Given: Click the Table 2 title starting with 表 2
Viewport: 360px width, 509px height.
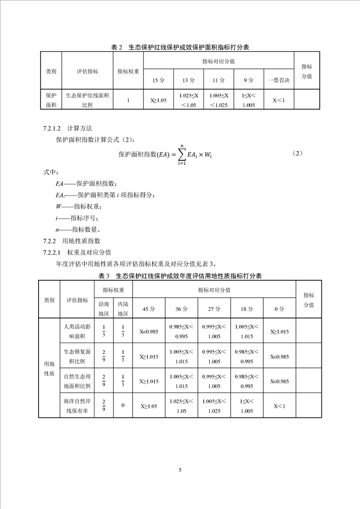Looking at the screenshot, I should tap(180, 47).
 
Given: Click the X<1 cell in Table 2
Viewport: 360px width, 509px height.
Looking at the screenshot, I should tap(278, 100).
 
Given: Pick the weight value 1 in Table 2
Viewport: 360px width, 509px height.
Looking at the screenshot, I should tap(128, 100).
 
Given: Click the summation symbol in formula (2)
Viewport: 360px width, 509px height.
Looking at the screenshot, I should tap(181, 154).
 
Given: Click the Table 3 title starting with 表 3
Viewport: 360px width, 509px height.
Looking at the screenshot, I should tap(180, 275).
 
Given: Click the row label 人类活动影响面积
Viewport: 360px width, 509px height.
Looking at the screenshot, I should tap(77, 332).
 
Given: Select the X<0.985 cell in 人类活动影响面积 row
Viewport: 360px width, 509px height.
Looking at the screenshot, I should tap(149, 332).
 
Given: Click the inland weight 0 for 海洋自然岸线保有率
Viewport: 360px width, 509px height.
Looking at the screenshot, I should tap(123, 406).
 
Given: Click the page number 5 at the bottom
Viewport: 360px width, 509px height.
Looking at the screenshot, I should tap(180, 470).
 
